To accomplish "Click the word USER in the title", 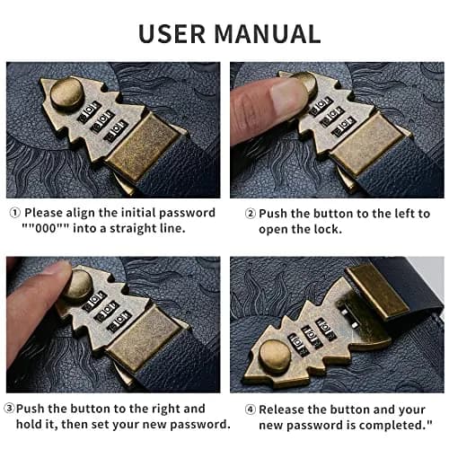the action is point(172,33).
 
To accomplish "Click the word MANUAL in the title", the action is point(268,33).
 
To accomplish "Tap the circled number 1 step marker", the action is point(15,213).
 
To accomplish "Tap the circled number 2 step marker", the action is point(251,214).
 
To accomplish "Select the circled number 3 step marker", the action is point(9,409).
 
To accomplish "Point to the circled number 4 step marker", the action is point(251,409).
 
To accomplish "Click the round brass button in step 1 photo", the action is point(66,94).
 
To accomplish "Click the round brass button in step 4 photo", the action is point(275,357).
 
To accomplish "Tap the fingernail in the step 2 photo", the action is point(287,96).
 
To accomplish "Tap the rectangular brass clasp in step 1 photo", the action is point(143,147).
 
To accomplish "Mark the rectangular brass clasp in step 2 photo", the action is point(367,145).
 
